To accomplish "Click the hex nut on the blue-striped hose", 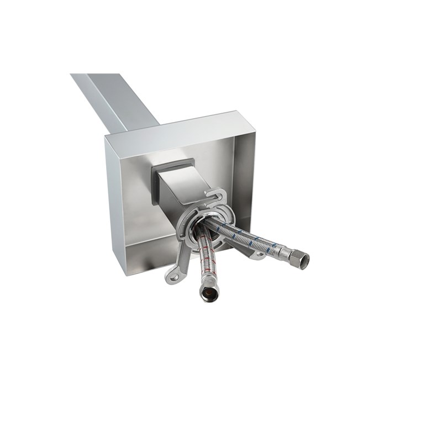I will point(301,258).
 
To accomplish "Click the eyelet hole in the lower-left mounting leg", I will point(172,276).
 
